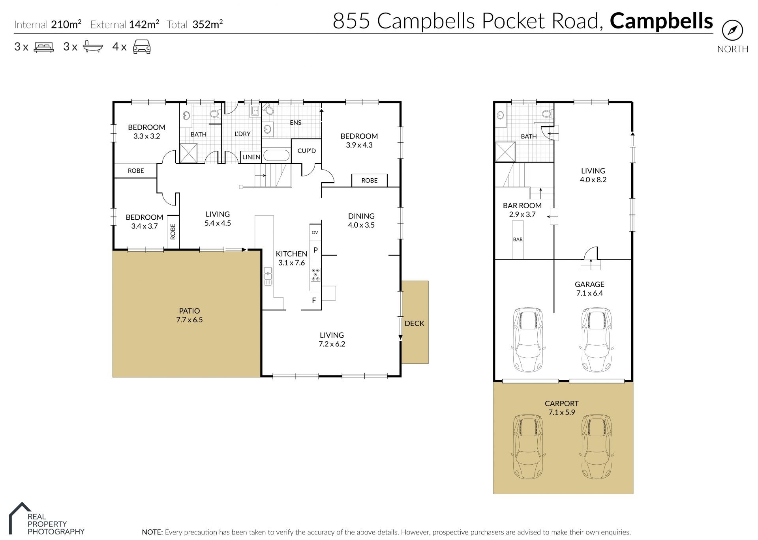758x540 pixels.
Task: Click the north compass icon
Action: click(x=732, y=30)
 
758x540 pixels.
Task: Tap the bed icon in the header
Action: click(x=44, y=47)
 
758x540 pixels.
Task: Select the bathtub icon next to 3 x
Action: click(x=93, y=47)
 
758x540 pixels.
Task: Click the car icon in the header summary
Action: click(x=142, y=47)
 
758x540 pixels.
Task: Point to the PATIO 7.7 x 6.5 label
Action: click(x=189, y=315)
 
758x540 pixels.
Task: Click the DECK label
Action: click(x=414, y=323)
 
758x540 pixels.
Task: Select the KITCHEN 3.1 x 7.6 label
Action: click(x=291, y=258)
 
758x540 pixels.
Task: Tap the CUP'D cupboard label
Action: click(x=306, y=151)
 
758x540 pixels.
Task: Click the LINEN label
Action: click(x=251, y=157)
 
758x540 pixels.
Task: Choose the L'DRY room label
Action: click(x=242, y=134)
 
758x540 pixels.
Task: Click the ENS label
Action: click(x=295, y=123)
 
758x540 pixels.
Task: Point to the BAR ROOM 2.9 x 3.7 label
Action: click(x=522, y=210)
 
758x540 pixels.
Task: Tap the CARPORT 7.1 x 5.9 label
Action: click(x=561, y=408)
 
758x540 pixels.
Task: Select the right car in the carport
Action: click(x=596, y=447)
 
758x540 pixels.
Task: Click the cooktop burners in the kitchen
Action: click(x=315, y=274)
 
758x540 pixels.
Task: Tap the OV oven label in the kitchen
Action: click(x=315, y=232)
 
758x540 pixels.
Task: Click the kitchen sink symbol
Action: click(x=268, y=276)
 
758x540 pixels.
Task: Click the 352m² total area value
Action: click(x=207, y=25)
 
